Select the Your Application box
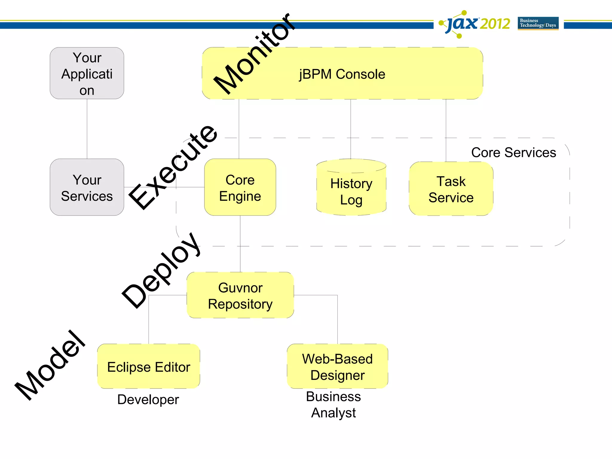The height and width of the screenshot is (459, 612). click(x=87, y=74)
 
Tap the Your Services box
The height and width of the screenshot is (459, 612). click(x=87, y=188)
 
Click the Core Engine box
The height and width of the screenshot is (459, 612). click(x=240, y=188)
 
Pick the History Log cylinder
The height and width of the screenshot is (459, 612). click(x=351, y=191)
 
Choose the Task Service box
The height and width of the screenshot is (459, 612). click(x=451, y=189)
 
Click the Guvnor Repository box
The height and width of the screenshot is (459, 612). click(x=240, y=296)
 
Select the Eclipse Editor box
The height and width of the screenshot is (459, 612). click(x=149, y=367)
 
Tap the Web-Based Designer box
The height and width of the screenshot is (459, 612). click(x=337, y=367)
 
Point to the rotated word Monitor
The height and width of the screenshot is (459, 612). click(x=254, y=54)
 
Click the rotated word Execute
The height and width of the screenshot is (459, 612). click(x=173, y=167)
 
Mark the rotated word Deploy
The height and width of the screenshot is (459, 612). click(x=161, y=270)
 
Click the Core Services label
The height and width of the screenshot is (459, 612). click(x=513, y=152)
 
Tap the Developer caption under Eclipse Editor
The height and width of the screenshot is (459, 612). click(x=148, y=400)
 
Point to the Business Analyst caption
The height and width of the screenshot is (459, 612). click(x=333, y=405)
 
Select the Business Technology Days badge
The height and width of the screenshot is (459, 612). click(x=538, y=23)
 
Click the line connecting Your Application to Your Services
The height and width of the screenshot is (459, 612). click(x=87, y=128)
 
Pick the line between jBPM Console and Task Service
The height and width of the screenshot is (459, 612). click(x=446, y=130)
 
